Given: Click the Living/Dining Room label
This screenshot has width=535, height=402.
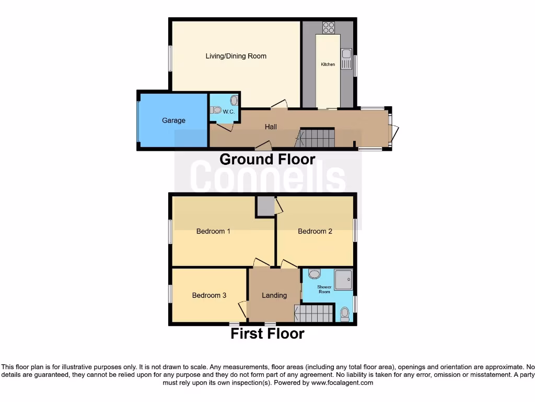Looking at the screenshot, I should (236, 56).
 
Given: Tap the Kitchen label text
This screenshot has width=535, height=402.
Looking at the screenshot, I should (328, 64).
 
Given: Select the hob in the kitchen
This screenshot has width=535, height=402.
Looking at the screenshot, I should (328, 27).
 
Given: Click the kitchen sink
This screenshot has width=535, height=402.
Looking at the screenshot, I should (346, 54).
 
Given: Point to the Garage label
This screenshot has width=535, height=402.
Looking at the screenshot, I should (173, 120).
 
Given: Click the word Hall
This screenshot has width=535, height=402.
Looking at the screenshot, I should (271, 127).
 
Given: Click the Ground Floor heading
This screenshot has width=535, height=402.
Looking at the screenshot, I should (267, 159).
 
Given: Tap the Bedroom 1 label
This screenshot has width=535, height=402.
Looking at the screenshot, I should (213, 231).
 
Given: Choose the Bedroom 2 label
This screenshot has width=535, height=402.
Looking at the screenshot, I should (315, 231).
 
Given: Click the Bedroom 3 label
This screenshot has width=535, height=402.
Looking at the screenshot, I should (209, 295).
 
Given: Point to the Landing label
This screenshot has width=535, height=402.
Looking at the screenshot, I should (274, 295).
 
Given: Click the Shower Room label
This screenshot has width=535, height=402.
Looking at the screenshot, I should (324, 289).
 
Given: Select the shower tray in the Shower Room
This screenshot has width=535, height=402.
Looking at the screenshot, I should (343, 280).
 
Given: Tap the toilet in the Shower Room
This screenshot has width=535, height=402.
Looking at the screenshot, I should (344, 314).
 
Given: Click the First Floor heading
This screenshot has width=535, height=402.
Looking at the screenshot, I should (267, 333).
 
